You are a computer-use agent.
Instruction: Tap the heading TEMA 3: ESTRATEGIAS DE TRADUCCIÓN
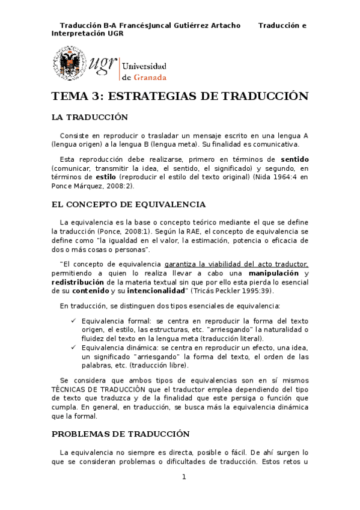(x=180, y=96)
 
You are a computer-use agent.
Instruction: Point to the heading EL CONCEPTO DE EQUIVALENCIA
(x=129, y=204)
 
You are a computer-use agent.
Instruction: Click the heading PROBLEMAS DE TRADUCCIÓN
(x=120, y=434)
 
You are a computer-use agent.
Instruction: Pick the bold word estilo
(x=97, y=178)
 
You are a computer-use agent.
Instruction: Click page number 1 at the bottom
(x=184, y=477)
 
